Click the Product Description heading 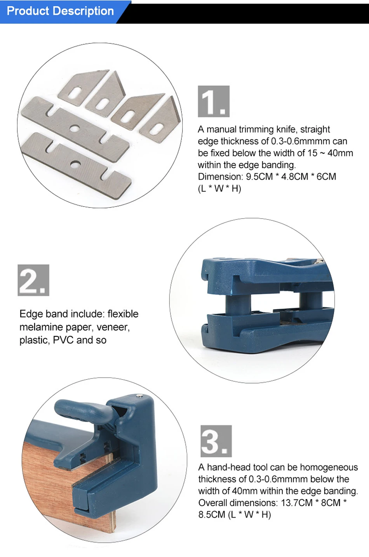click(60, 11)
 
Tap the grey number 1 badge click(214, 101)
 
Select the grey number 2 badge click(33, 280)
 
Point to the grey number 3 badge click(216, 441)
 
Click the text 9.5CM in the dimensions click(259, 177)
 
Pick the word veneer click(113, 327)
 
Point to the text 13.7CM click(297, 503)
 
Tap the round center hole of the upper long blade click(74, 128)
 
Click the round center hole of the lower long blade click(75, 164)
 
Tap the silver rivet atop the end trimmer click(140, 395)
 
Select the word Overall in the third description click(212, 503)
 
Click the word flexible click(123, 314)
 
